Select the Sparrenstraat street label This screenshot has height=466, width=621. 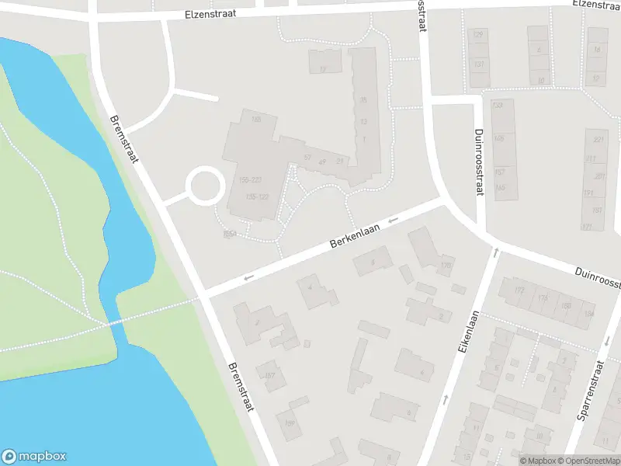(x=591, y=390)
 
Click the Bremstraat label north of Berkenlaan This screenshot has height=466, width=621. (x=124, y=140)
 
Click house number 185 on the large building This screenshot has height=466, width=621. (x=256, y=119)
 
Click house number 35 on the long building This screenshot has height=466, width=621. (x=363, y=100)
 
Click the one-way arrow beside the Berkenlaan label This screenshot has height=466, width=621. (x=393, y=220)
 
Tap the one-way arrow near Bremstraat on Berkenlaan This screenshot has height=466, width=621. (x=248, y=277)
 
